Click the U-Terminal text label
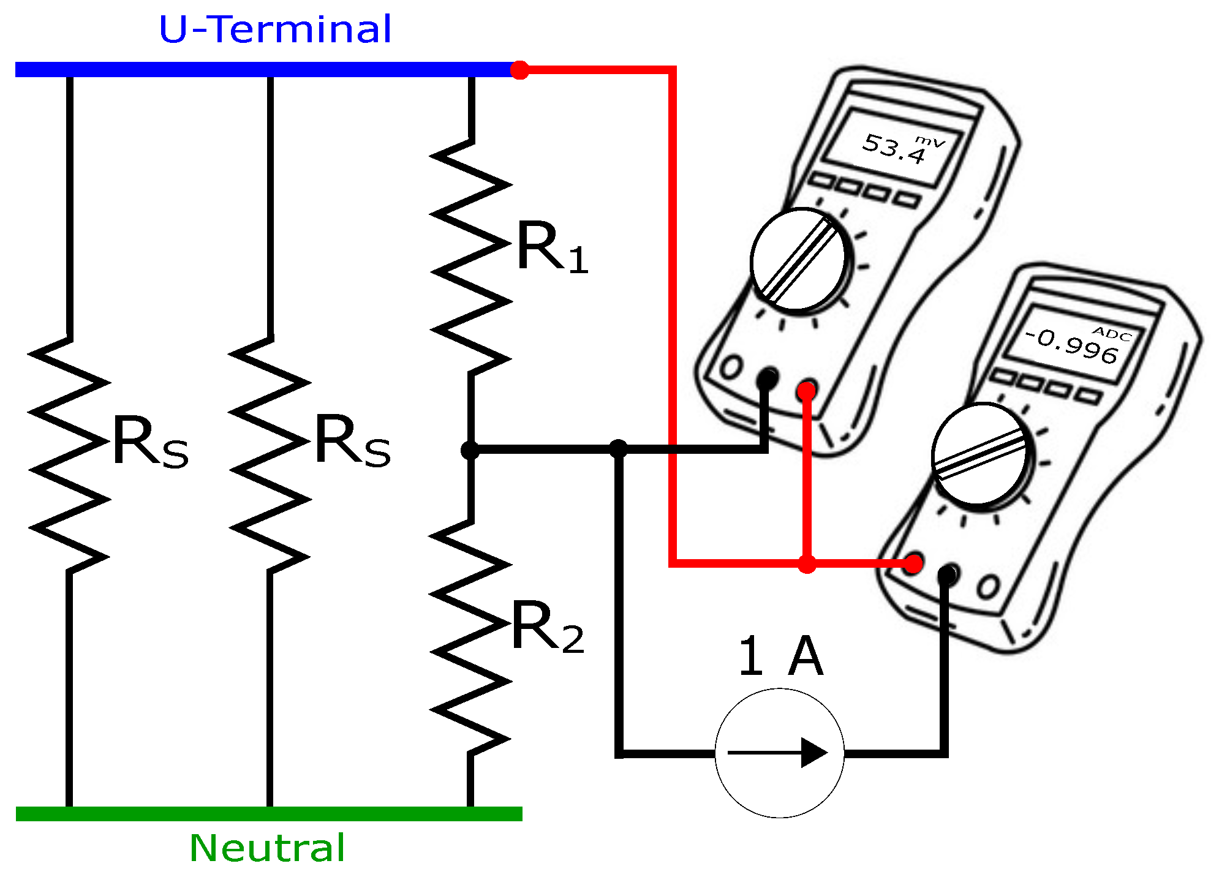coord(275,29)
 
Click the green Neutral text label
coord(267,848)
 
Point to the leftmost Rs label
coord(150,442)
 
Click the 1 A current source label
coord(780,656)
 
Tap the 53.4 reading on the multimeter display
coord(893,148)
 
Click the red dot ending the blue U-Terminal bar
coord(519,70)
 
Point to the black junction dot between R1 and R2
coord(470,450)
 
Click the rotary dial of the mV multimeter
coord(798,259)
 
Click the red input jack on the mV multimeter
coord(807,390)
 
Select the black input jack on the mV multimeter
coord(767,378)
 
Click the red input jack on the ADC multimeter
coord(913,563)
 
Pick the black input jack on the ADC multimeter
coord(947,574)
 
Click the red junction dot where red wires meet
coord(807,563)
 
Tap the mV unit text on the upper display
coord(930,141)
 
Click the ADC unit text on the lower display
coord(1112,334)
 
